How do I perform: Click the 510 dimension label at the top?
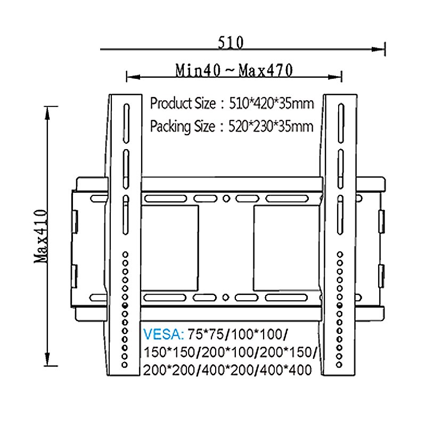[x=230, y=42]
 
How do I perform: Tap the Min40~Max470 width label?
[x=234, y=70]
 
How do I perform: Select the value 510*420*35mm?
[x=270, y=103]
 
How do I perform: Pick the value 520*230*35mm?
[x=270, y=127]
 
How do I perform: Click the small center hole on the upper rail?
[x=226, y=199]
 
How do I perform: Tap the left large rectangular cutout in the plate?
[x=170, y=248]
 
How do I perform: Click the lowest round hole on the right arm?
[x=340, y=365]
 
